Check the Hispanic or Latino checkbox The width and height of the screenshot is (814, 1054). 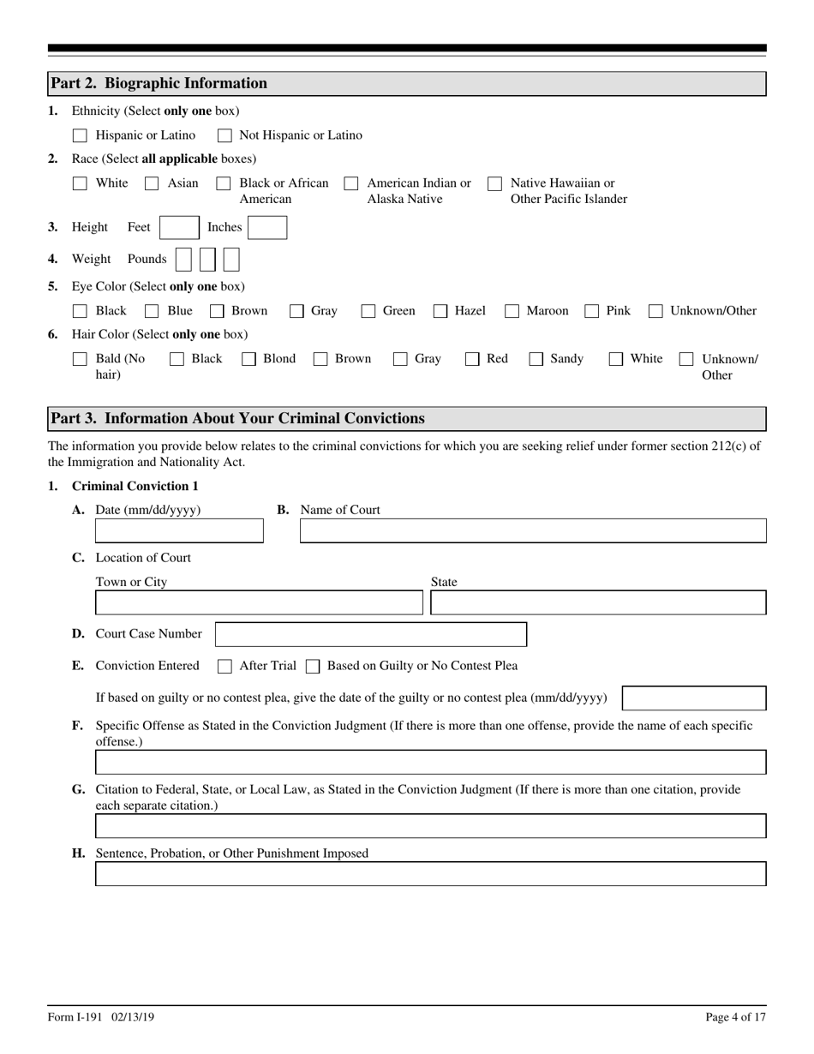(x=80, y=135)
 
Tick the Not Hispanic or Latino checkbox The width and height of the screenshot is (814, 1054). (x=224, y=135)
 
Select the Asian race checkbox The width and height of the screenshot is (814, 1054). (x=152, y=183)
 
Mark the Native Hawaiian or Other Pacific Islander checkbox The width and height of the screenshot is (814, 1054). (x=494, y=183)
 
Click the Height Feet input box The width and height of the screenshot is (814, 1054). (x=179, y=227)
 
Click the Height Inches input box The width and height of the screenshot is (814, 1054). (x=267, y=227)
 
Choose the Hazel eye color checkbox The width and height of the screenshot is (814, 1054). (x=440, y=311)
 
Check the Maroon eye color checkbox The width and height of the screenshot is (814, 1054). (x=512, y=311)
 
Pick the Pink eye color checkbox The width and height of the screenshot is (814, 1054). (x=592, y=311)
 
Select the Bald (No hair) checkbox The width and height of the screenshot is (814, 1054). (x=80, y=360)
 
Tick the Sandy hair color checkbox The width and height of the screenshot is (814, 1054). (x=536, y=360)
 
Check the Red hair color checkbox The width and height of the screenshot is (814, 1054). (x=472, y=360)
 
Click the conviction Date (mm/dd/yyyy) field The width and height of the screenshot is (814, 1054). (x=179, y=531)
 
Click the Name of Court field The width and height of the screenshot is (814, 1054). (x=532, y=531)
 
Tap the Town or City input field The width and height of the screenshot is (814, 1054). (x=259, y=603)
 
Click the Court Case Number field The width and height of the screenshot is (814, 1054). (x=370, y=635)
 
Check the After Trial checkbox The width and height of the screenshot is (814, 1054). (x=224, y=667)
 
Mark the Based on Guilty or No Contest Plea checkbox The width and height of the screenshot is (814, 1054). (x=313, y=667)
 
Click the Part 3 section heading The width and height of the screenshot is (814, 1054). (x=237, y=419)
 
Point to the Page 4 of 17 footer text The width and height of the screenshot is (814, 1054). (x=735, y=1017)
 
